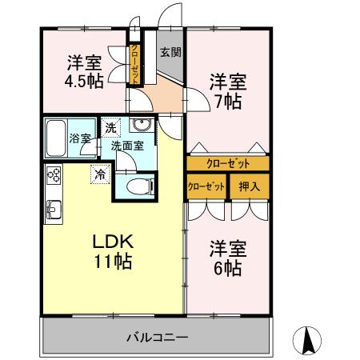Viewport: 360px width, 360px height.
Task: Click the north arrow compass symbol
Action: (310, 341)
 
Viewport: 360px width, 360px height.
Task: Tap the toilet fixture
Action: (138, 185)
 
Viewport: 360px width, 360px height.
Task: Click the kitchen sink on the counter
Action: (54, 210)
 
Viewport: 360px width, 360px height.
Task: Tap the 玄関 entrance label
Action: (169, 53)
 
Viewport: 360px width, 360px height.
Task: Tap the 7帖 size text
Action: (227, 102)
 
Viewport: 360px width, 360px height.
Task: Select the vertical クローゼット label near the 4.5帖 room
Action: (135, 61)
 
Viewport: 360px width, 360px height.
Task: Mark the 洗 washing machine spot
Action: (110, 126)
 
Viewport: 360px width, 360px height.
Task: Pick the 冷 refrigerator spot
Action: (100, 172)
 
